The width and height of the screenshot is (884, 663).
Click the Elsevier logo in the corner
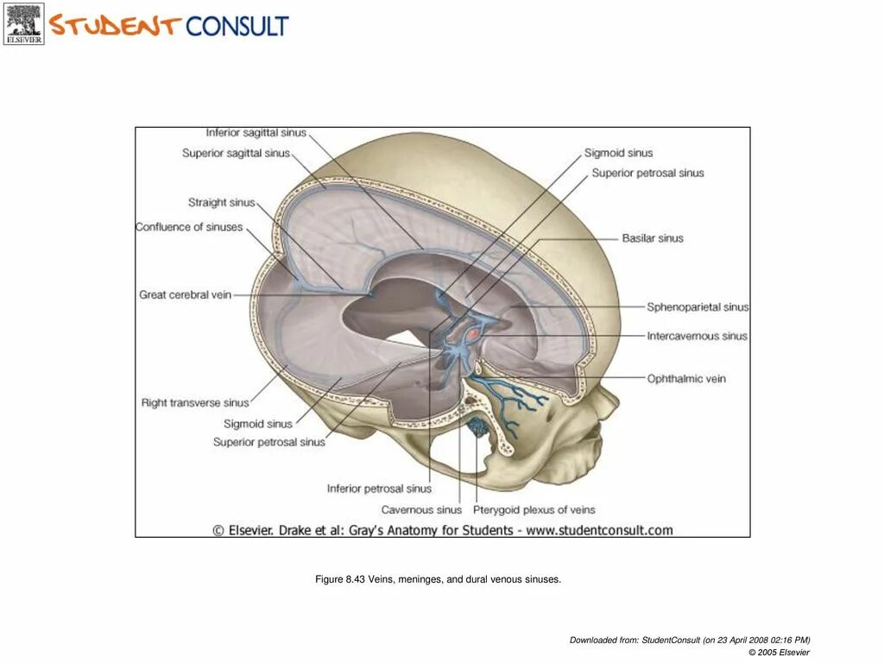click(x=23, y=23)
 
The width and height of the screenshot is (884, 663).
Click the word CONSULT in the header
click(x=237, y=26)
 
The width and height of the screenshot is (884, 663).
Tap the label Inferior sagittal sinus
click(x=255, y=133)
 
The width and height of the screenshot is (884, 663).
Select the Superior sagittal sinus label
click(x=236, y=154)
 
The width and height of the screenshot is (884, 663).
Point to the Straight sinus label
click(x=222, y=203)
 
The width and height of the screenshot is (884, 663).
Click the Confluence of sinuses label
click(x=189, y=227)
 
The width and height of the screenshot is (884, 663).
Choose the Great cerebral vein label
click(x=185, y=295)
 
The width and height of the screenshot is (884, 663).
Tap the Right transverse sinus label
click(x=195, y=403)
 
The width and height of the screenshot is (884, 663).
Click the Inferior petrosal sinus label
click(x=379, y=489)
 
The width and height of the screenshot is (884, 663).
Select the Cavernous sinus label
click(x=421, y=510)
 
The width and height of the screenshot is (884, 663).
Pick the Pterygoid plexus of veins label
click(x=534, y=510)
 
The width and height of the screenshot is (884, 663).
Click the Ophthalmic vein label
click(x=686, y=379)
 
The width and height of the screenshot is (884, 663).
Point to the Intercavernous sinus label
click(x=697, y=337)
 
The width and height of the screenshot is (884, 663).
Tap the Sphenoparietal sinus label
click(x=698, y=307)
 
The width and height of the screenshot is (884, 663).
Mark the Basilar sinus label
click(x=652, y=238)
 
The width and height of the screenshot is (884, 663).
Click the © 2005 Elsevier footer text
click(x=779, y=652)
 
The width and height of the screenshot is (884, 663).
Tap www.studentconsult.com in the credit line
click(x=599, y=530)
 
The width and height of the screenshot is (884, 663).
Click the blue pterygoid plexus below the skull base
click(x=477, y=426)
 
